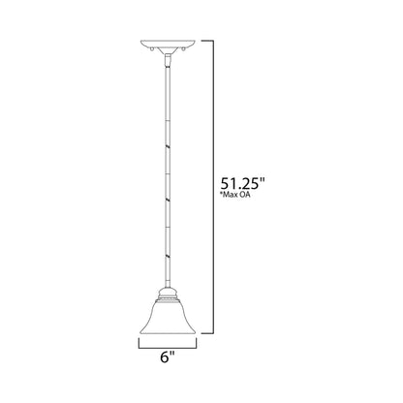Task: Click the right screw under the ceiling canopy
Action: tap(182, 48)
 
